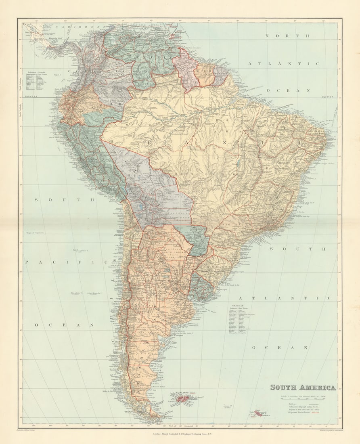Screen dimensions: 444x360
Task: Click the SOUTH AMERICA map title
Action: (303, 387)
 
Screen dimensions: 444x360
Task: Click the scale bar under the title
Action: (303, 399)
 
